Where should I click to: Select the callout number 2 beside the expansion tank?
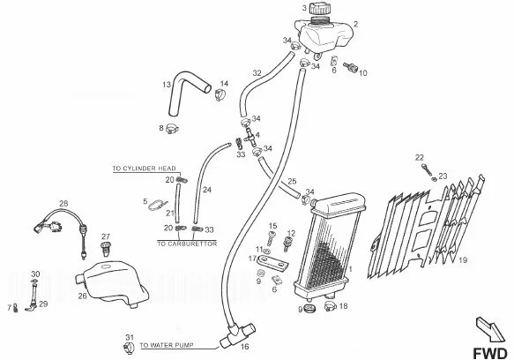(x=355, y=24)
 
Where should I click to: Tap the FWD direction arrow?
(x=490, y=329)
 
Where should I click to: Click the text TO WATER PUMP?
(x=167, y=345)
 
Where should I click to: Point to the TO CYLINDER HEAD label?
(x=145, y=169)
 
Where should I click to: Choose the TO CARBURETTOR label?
(x=187, y=244)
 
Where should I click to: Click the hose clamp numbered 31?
(x=129, y=348)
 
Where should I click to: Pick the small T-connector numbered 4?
(x=250, y=136)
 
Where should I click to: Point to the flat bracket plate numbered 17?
(x=272, y=263)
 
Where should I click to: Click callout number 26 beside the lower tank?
(x=82, y=296)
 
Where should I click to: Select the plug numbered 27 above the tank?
(x=106, y=249)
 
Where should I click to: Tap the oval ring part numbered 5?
(x=157, y=206)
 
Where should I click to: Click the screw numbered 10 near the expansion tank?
(x=350, y=67)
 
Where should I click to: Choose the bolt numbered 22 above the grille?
(x=427, y=170)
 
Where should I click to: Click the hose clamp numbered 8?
(x=172, y=129)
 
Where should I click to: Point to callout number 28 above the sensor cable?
(x=63, y=204)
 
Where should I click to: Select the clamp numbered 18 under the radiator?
(x=330, y=307)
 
